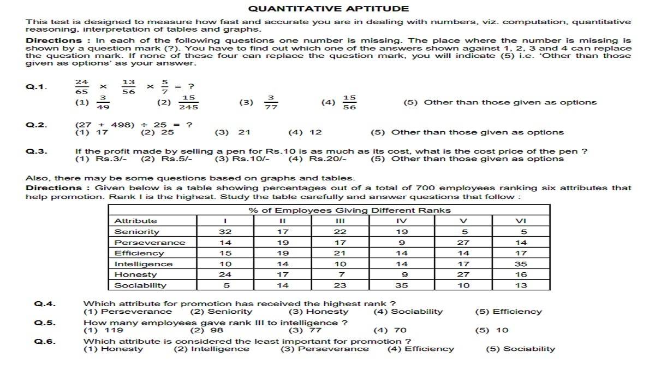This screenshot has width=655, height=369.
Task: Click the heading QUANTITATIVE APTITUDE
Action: (x=328, y=8)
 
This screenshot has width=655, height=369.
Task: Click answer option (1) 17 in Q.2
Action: (x=91, y=132)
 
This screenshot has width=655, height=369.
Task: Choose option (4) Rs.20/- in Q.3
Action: (x=319, y=159)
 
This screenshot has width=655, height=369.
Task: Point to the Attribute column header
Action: (x=135, y=221)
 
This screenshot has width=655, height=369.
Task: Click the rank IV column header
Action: (x=402, y=221)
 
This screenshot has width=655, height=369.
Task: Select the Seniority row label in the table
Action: (x=137, y=232)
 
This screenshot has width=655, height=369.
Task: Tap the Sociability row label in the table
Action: (x=140, y=285)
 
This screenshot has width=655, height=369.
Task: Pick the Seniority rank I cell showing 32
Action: (x=225, y=232)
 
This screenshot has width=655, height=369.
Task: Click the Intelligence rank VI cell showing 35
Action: (x=521, y=264)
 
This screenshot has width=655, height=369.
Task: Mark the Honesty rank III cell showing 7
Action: (x=340, y=275)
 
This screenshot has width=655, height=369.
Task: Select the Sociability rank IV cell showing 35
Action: (x=402, y=285)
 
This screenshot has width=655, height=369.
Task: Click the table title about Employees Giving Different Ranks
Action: (x=349, y=210)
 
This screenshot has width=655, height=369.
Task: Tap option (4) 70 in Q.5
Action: (x=390, y=330)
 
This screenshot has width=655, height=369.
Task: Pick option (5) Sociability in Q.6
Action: (x=520, y=349)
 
